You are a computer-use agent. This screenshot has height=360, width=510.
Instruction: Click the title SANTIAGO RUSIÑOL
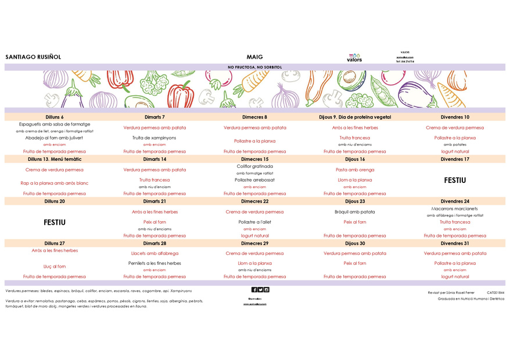33,57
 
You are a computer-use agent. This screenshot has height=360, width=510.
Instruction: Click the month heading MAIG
254,57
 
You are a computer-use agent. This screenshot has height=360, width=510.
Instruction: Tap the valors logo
354,57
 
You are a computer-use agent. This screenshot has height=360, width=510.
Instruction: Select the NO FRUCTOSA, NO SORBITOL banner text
254,67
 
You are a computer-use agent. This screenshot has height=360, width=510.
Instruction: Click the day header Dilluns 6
55,117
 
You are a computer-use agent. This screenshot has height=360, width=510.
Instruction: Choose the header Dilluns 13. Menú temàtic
55,159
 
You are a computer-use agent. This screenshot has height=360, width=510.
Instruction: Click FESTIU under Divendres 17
455,180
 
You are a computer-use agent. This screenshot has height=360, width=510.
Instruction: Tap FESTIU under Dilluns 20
55,222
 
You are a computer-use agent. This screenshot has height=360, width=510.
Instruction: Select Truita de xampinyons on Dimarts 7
155,138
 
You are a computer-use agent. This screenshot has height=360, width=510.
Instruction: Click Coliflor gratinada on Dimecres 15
254,166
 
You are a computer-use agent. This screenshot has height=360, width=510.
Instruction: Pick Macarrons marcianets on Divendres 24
455,208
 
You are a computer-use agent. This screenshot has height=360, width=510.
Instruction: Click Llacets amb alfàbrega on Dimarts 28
155,253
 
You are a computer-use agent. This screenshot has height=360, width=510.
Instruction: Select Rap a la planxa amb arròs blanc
55,183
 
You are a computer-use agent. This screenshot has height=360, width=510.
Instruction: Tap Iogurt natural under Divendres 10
455,152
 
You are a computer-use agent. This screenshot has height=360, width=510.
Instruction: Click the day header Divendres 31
455,243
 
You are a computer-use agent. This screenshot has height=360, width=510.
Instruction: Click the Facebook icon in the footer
254,290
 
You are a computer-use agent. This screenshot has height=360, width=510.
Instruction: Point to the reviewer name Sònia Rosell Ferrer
460,293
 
